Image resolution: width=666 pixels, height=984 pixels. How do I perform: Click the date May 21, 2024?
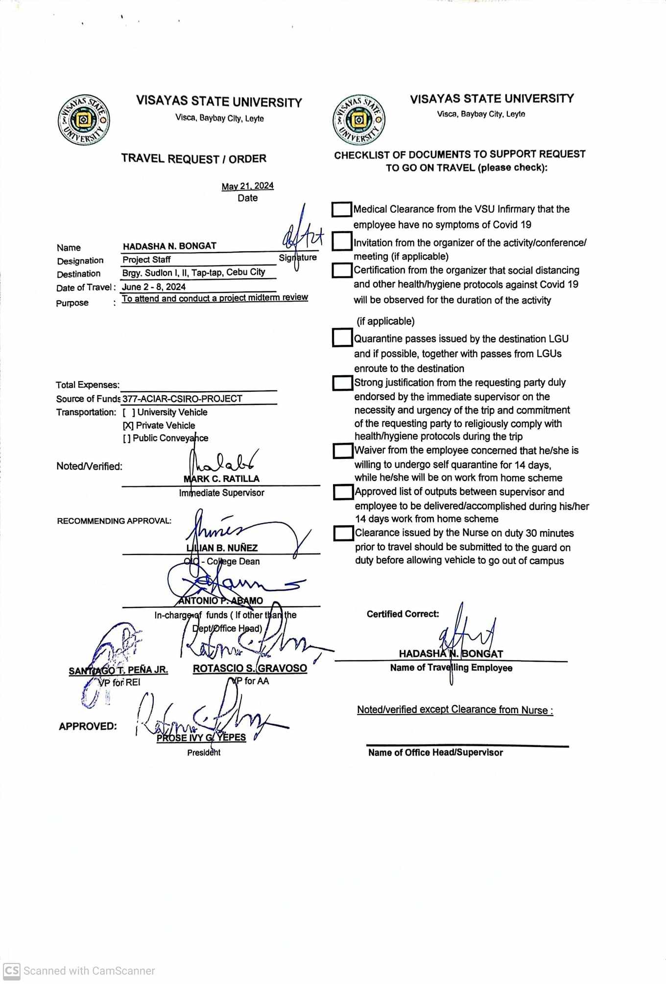coord(247,186)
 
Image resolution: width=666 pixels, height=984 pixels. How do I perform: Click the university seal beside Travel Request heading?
coord(83,120)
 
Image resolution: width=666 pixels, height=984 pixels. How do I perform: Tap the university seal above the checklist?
coord(358,120)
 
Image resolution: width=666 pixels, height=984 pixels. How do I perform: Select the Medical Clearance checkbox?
coord(342,210)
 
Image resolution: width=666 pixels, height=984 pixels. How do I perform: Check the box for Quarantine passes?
coord(342,338)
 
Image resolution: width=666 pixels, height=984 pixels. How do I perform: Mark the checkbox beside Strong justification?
coord(342,383)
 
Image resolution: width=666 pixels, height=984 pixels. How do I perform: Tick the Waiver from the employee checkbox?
coord(343,451)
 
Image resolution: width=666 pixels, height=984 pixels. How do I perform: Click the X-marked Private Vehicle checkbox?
coord(128,426)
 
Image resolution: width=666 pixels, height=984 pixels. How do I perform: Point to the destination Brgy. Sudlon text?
coord(193,272)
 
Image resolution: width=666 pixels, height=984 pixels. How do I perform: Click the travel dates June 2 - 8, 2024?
coord(154,287)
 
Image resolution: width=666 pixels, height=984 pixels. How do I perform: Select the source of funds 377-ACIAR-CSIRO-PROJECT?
coord(182,399)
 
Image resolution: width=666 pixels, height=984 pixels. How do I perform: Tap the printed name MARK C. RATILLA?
coord(222,479)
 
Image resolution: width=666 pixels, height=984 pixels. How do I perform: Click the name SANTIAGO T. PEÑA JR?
coord(118,670)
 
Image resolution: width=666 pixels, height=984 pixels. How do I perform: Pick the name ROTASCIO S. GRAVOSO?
coord(250,668)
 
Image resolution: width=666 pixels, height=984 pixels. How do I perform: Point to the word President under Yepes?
coord(204,752)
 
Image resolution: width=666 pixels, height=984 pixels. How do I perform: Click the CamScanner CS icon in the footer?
coord(12,970)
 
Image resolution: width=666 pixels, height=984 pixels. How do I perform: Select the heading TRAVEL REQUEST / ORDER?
coord(194,159)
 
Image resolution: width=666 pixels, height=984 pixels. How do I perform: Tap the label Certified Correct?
coord(403,614)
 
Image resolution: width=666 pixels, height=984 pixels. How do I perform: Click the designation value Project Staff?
coord(146,260)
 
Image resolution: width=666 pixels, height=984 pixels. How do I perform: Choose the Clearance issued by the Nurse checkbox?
coord(343,533)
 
